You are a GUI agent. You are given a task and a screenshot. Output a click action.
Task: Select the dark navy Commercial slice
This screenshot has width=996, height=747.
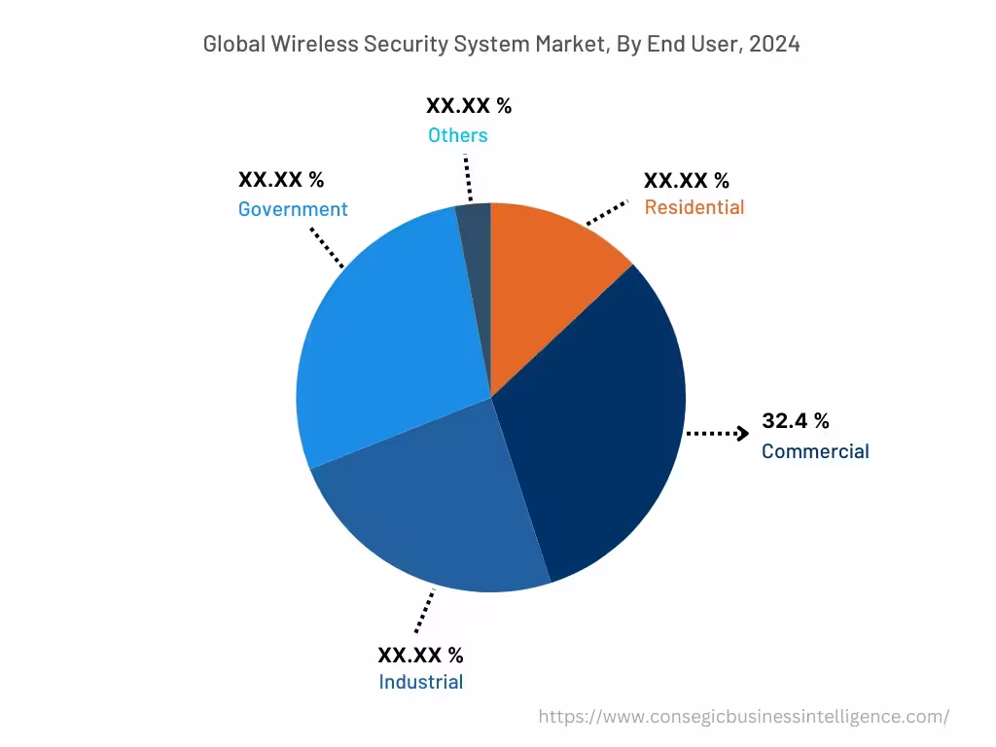593,428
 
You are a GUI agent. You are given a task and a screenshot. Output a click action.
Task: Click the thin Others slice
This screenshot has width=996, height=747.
475,243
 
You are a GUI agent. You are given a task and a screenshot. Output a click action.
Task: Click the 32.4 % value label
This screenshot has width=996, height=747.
795,421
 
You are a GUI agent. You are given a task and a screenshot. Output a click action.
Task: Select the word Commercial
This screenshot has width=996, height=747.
815,451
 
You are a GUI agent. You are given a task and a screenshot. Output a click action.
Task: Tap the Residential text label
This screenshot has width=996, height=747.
694,207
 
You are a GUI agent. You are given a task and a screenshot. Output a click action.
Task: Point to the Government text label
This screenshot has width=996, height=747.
293,209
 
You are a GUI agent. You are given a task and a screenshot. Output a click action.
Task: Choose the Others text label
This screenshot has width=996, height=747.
457,135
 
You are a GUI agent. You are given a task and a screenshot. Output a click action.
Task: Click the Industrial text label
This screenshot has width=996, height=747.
420,682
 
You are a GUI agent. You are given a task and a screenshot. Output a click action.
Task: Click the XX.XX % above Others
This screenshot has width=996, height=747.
468,106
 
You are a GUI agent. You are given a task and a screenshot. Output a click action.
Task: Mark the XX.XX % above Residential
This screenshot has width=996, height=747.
686,180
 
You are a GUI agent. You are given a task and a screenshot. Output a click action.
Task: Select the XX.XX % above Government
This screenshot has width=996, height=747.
281,180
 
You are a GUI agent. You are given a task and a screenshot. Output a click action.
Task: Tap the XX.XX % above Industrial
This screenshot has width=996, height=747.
420,655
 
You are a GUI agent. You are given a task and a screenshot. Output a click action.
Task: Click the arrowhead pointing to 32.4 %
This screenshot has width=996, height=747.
742,434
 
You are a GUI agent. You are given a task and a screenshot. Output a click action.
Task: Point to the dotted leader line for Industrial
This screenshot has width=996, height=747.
424,612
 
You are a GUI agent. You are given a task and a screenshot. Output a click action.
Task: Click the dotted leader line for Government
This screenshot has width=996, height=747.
327,247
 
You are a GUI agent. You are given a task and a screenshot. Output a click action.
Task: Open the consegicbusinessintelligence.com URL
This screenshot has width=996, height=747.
743,717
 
